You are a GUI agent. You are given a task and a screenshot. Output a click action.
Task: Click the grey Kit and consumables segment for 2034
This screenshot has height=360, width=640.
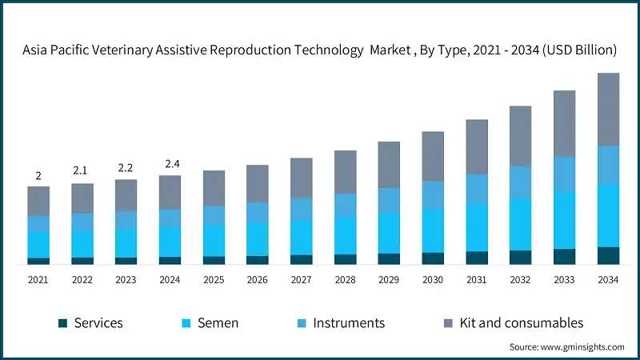(x=609, y=109)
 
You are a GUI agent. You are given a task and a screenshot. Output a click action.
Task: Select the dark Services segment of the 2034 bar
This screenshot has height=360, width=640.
(x=609, y=255)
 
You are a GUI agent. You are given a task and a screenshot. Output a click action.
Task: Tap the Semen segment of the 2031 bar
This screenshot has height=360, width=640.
(x=477, y=227)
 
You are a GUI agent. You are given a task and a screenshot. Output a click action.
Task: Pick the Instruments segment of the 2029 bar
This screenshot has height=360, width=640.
(x=389, y=200)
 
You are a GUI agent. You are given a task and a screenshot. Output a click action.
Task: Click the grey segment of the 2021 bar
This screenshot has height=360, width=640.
(x=38, y=201)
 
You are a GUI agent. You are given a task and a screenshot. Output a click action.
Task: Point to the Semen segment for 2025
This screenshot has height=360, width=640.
(x=214, y=240)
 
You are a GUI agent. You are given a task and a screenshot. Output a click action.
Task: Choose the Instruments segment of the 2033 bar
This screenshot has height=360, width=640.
(x=565, y=174)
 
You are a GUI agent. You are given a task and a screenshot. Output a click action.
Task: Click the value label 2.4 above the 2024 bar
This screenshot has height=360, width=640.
(x=170, y=164)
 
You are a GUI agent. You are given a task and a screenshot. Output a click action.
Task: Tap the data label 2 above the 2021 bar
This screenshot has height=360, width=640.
(x=38, y=175)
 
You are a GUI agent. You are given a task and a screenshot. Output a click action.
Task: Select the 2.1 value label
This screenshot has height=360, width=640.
(x=82, y=171)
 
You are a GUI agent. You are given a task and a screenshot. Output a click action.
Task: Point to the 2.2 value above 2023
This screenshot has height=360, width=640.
(x=126, y=168)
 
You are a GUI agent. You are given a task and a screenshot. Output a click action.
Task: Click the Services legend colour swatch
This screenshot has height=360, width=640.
(x=63, y=323)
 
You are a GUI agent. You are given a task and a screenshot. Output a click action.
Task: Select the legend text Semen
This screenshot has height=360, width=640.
(x=218, y=323)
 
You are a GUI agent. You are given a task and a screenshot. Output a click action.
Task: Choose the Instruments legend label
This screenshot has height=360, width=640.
(x=349, y=323)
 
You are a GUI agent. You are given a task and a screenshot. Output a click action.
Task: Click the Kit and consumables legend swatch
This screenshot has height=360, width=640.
(x=450, y=323)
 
